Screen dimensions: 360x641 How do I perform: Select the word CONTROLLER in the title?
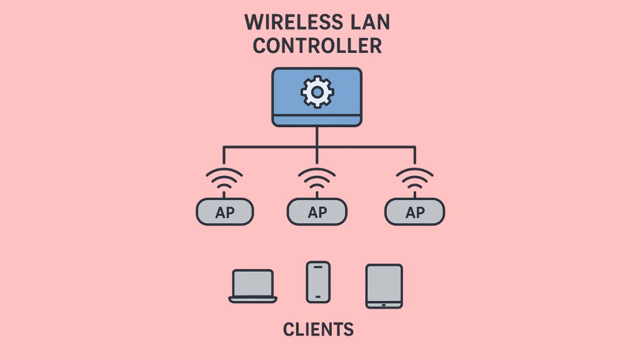pyautogui.click(x=317, y=46)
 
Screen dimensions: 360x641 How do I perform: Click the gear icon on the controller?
pyautogui.click(x=317, y=92)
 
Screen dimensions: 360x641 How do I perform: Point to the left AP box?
pyautogui.click(x=225, y=212)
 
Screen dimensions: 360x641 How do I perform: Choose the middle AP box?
pyautogui.click(x=317, y=212)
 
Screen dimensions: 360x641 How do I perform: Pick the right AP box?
pyautogui.click(x=415, y=212)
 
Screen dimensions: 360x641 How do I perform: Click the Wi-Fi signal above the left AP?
pyautogui.click(x=224, y=179)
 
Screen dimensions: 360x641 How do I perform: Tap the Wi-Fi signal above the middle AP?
pyautogui.click(x=317, y=179)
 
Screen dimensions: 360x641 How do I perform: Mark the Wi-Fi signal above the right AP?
pyautogui.click(x=415, y=179)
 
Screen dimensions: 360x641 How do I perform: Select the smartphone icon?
pyautogui.click(x=318, y=281)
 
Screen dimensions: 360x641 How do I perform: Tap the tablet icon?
pyautogui.click(x=384, y=286)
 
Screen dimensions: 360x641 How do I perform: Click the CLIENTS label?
pyautogui.click(x=318, y=329)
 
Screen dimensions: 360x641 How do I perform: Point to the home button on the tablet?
pyautogui.click(x=384, y=304)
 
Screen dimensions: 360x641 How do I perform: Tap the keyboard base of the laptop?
pyautogui.click(x=253, y=299)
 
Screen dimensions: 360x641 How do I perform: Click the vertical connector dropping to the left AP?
pyautogui.click(x=224, y=155)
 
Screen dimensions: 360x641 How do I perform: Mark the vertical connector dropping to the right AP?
pyautogui.click(x=415, y=155)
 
